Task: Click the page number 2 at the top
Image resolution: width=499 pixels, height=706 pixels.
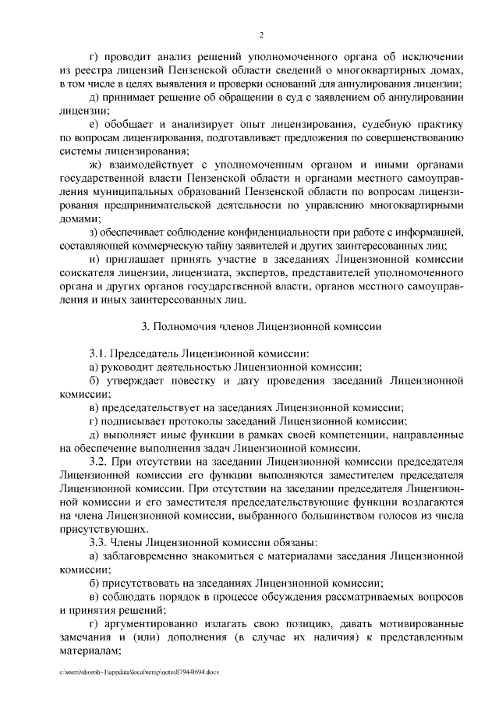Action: (262, 35)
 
